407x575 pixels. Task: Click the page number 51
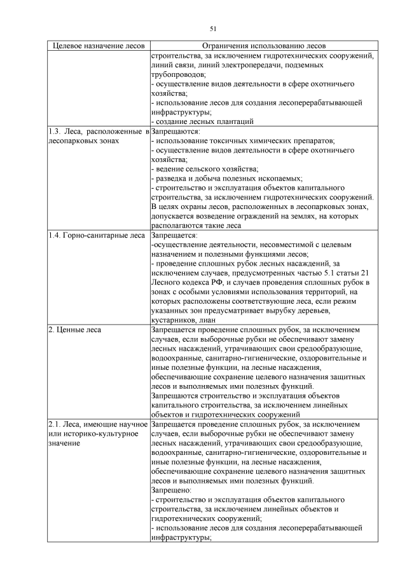coord(212,28)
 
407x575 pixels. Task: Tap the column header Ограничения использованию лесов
coord(263,46)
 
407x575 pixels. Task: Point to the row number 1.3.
coord(55,131)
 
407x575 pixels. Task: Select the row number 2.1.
coord(55,424)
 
